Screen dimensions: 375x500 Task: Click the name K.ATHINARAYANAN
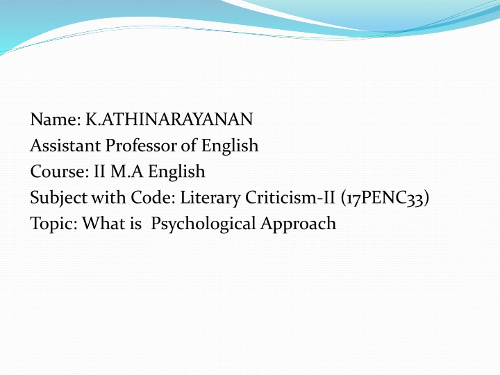tap(169, 120)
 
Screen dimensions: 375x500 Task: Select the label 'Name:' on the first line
tap(55, 120)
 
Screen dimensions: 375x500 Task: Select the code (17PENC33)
tap(385, 198)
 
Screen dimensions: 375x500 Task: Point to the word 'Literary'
tap(210, 198)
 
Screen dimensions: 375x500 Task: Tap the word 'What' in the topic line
tap(101, 224)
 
